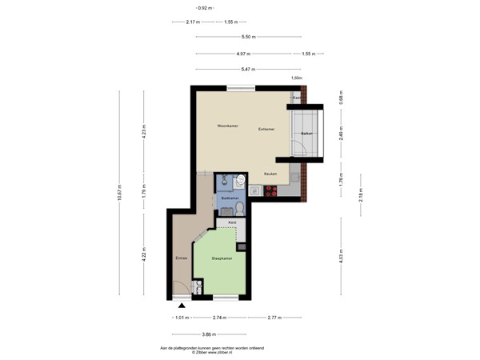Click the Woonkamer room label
227,126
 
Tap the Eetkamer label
266,129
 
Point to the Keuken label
270,174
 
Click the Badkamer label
230,197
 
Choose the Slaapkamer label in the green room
222,259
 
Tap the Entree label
182,258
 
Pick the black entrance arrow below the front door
182,305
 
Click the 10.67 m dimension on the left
121,194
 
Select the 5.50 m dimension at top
248,37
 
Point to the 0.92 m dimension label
182,8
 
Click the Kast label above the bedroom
232,222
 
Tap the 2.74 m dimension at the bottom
219,318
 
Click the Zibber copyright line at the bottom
213,353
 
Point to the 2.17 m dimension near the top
192,22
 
